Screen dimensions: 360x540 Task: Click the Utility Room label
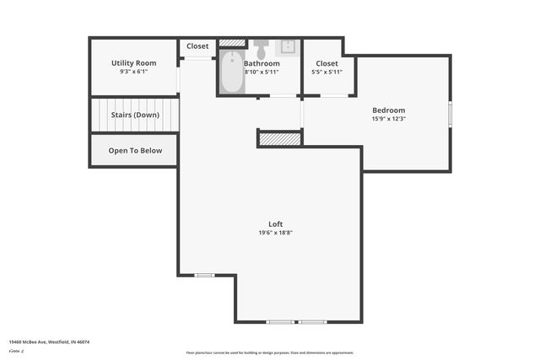click(134, 63)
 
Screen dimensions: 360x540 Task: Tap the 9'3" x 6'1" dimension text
click(134, 73)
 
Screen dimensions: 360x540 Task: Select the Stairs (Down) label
click(134, 115)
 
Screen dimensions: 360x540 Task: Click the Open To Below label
click(135, 151)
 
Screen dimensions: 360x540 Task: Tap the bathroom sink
click(288, 46)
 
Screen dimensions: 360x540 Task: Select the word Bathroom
click(262, 63)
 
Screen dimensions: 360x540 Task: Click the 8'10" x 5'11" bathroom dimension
click(262, 73)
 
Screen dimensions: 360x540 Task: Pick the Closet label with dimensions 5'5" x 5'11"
click(327, 64)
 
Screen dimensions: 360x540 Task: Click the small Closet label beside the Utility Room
click(197, 46)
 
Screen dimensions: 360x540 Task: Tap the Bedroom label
click(389, 110)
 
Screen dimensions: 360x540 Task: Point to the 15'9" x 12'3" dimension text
click(389, 119)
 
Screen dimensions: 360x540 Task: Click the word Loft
click(275, 223)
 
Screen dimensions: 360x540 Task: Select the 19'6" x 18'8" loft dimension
click(275, 233)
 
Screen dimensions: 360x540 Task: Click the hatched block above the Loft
click(279, 138)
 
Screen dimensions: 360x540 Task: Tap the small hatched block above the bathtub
click(230, 43)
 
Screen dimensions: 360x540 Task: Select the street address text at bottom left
click(49, 342)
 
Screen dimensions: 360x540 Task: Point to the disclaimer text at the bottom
click(269, 353)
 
